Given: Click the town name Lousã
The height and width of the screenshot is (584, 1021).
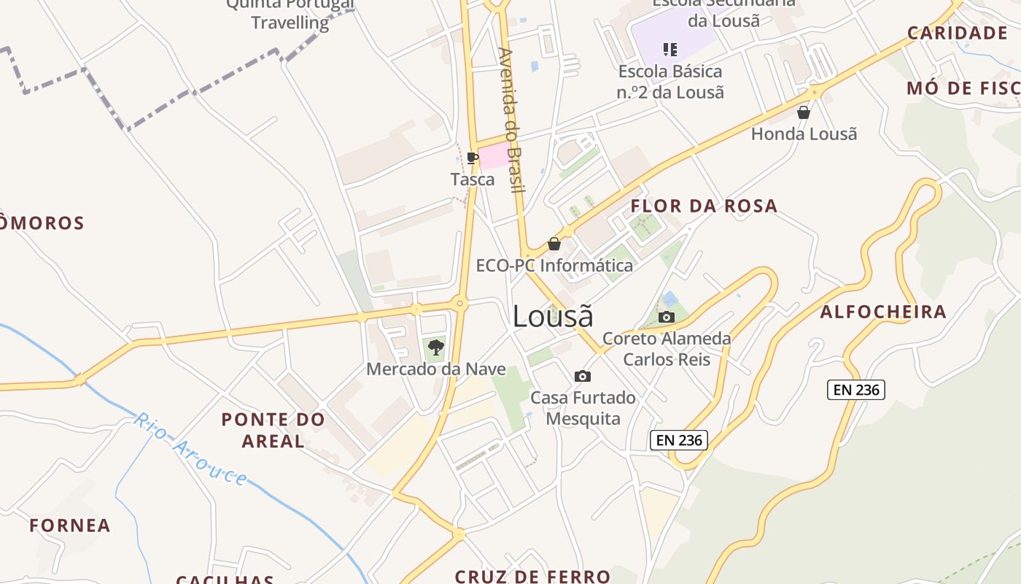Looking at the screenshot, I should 552,316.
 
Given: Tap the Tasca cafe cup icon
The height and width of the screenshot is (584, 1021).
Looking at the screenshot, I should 473,158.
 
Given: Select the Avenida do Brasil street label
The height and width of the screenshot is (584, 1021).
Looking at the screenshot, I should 511,120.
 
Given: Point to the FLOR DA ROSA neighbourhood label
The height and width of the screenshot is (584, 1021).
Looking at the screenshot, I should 704,206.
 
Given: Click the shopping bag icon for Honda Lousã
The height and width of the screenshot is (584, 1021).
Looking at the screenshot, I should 804,112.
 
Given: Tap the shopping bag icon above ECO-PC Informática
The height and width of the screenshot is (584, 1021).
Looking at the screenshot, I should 554,244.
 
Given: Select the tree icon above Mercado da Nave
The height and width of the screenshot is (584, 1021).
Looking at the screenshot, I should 435,347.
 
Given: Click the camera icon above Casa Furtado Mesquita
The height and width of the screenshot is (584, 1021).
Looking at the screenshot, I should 582,377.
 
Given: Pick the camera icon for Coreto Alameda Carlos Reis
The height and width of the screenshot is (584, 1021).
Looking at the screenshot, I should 666,317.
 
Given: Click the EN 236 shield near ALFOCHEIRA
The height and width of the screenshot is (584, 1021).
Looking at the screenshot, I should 856,390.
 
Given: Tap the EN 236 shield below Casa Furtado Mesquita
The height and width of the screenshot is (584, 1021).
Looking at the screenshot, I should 679,439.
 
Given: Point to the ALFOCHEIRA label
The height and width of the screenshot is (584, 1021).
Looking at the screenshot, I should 883,312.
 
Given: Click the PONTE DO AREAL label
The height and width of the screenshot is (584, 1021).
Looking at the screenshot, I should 273,430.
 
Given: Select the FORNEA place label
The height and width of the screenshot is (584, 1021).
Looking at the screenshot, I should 70,526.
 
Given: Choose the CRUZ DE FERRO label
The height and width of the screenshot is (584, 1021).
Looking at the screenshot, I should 532,576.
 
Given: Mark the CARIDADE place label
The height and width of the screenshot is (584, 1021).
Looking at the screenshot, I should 957,33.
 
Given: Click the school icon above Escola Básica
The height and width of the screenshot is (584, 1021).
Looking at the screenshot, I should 669,50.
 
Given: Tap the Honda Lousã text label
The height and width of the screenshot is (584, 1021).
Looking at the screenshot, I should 804,134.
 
